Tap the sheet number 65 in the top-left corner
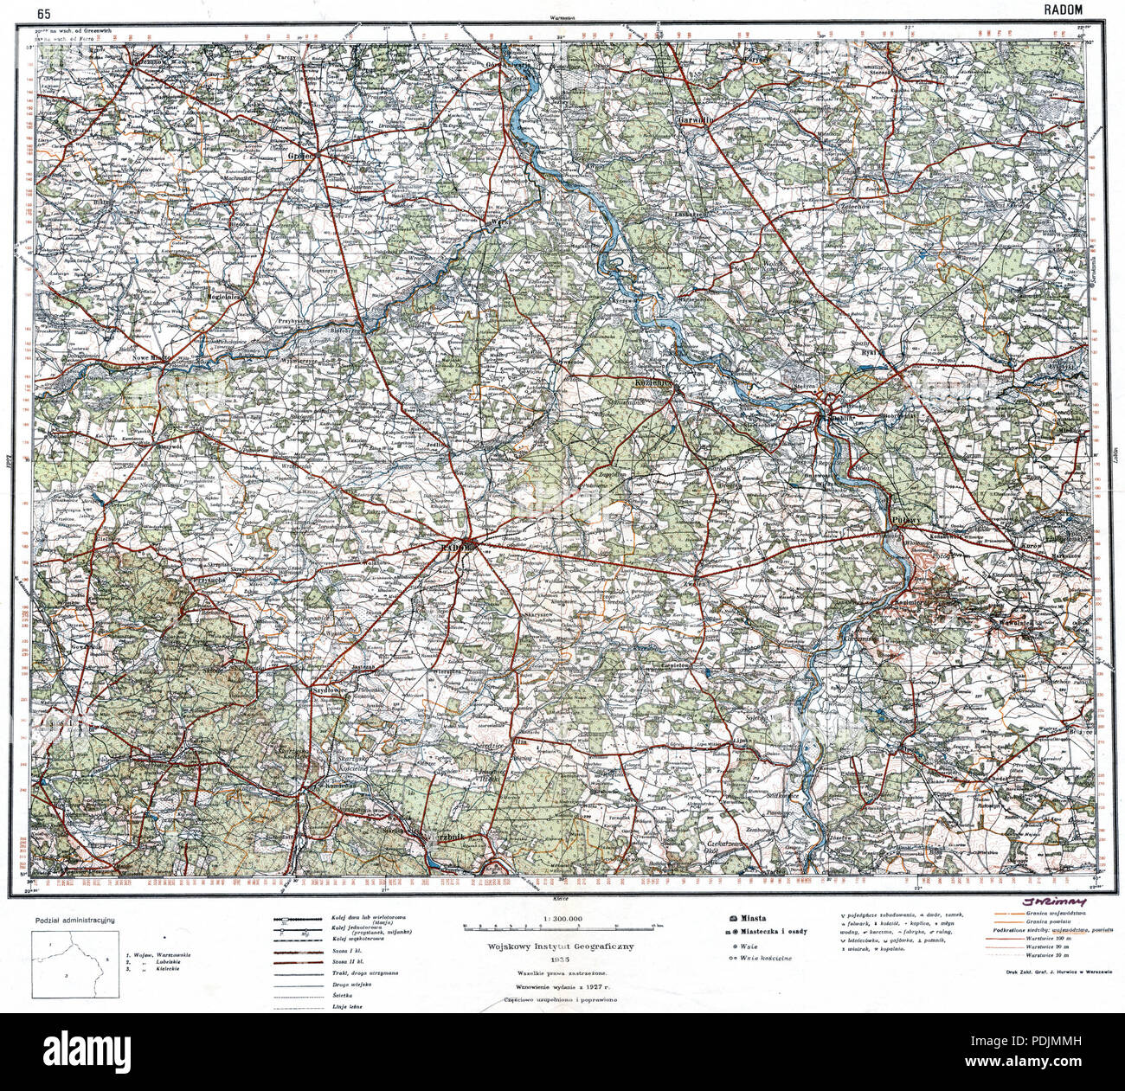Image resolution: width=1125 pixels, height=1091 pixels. pos(42,13)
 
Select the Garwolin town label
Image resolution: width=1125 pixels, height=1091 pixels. pos(694,120)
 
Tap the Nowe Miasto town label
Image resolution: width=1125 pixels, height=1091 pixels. pos(150,356)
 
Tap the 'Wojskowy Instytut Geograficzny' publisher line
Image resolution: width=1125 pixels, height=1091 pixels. pos(562,947)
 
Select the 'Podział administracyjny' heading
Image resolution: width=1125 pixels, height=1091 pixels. pos(77,923)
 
